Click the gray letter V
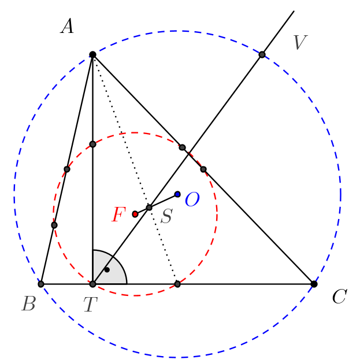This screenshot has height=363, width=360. [x=299, y=43]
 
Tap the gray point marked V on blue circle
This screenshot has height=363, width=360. [x=262, y=55]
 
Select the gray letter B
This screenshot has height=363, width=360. [x=28, y=304]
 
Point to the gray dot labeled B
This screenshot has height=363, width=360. [x=41, y=284]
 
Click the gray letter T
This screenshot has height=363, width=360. [x=90, y=305]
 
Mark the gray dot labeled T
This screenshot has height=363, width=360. [x=92, y=284]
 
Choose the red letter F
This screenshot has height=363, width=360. [x=118, y=216]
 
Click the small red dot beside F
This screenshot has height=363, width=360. [x=135, y=214]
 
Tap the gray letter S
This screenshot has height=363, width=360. [x=166, y=217]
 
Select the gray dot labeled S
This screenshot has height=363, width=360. [x=149, y=208]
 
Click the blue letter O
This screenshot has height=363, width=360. [x=192, y=201]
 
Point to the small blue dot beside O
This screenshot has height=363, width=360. [x=177, y=194]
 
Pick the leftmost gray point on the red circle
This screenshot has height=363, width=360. [x=54, y=225]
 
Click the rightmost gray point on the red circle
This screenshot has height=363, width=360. [x=203, y=169]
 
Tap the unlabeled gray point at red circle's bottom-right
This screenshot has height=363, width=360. [x=177, y=284]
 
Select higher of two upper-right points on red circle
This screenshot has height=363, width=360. [x=182, y=147]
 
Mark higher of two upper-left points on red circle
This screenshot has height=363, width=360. [x=92, y=144]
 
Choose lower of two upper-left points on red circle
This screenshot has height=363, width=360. [x=67, y=169]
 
